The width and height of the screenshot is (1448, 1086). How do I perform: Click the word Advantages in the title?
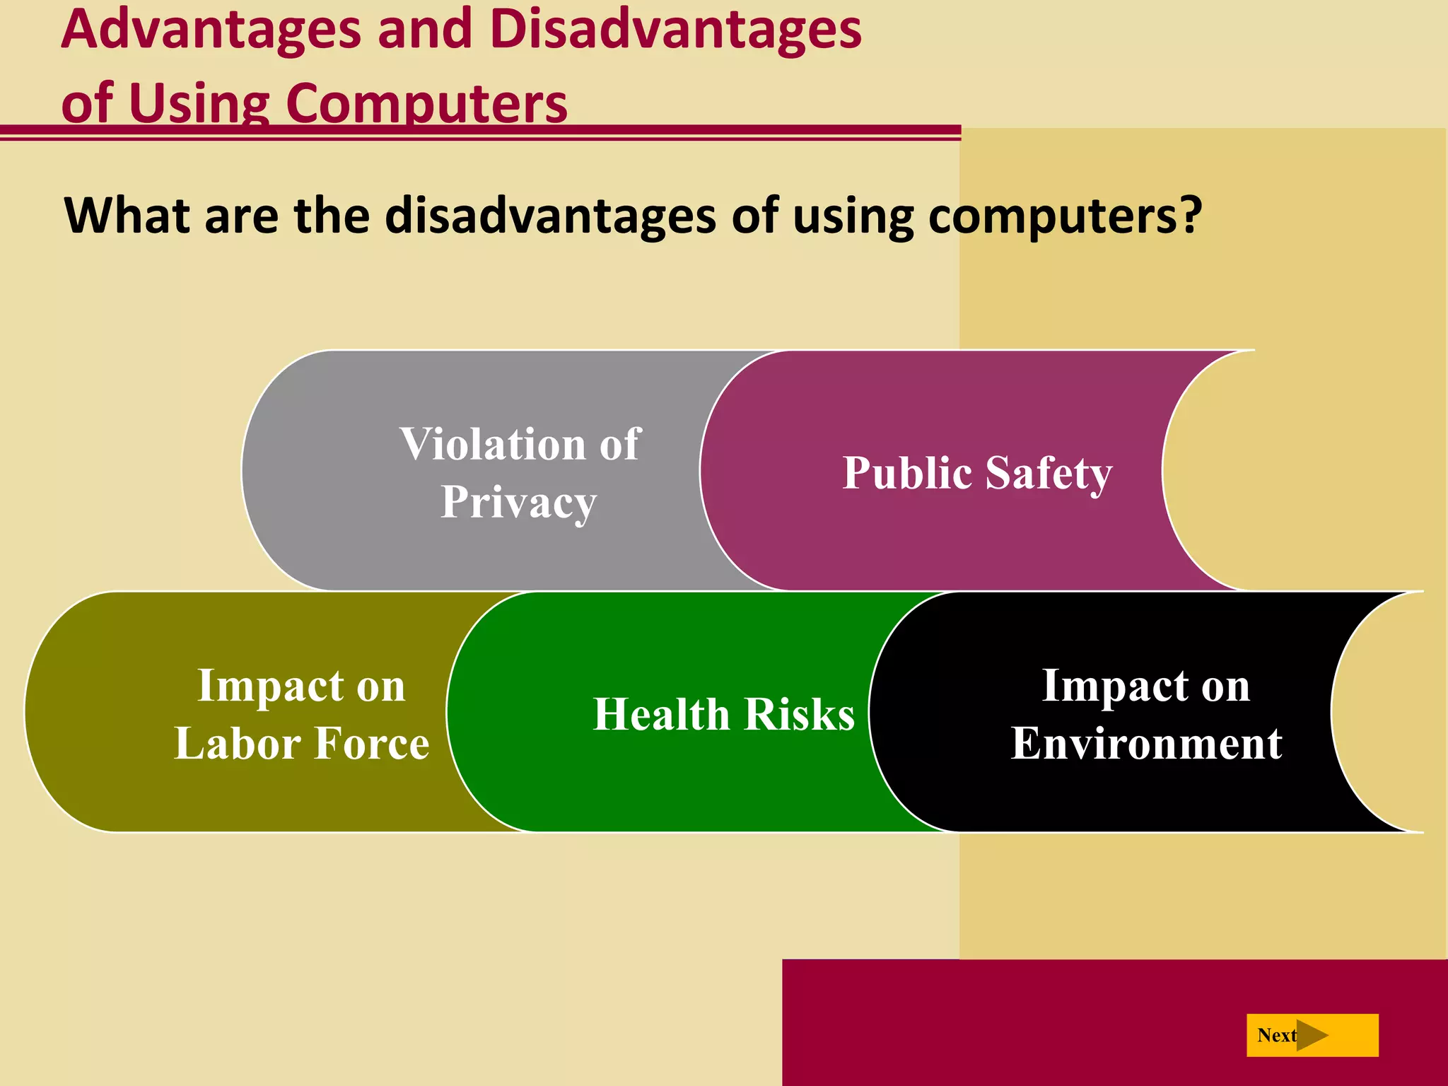(x=211, y=30)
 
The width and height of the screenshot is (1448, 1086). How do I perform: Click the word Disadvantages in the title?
(x=675, y=30)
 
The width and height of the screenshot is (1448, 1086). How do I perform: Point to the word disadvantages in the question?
(x=550, y=216)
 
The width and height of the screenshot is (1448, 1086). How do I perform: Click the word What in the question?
(x=127, y=216)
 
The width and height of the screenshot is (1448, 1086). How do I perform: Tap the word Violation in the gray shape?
(x=493, y=445)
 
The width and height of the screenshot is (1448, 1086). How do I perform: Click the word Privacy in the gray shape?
(x=519, y=503)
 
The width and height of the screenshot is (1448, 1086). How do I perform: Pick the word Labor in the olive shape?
(x=238, y=744)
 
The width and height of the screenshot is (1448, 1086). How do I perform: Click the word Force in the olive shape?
(x=372, y=744)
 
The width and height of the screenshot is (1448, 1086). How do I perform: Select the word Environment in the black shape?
(x=1146, y=744)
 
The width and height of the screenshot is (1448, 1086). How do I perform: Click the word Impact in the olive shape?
(x=266, y=686)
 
